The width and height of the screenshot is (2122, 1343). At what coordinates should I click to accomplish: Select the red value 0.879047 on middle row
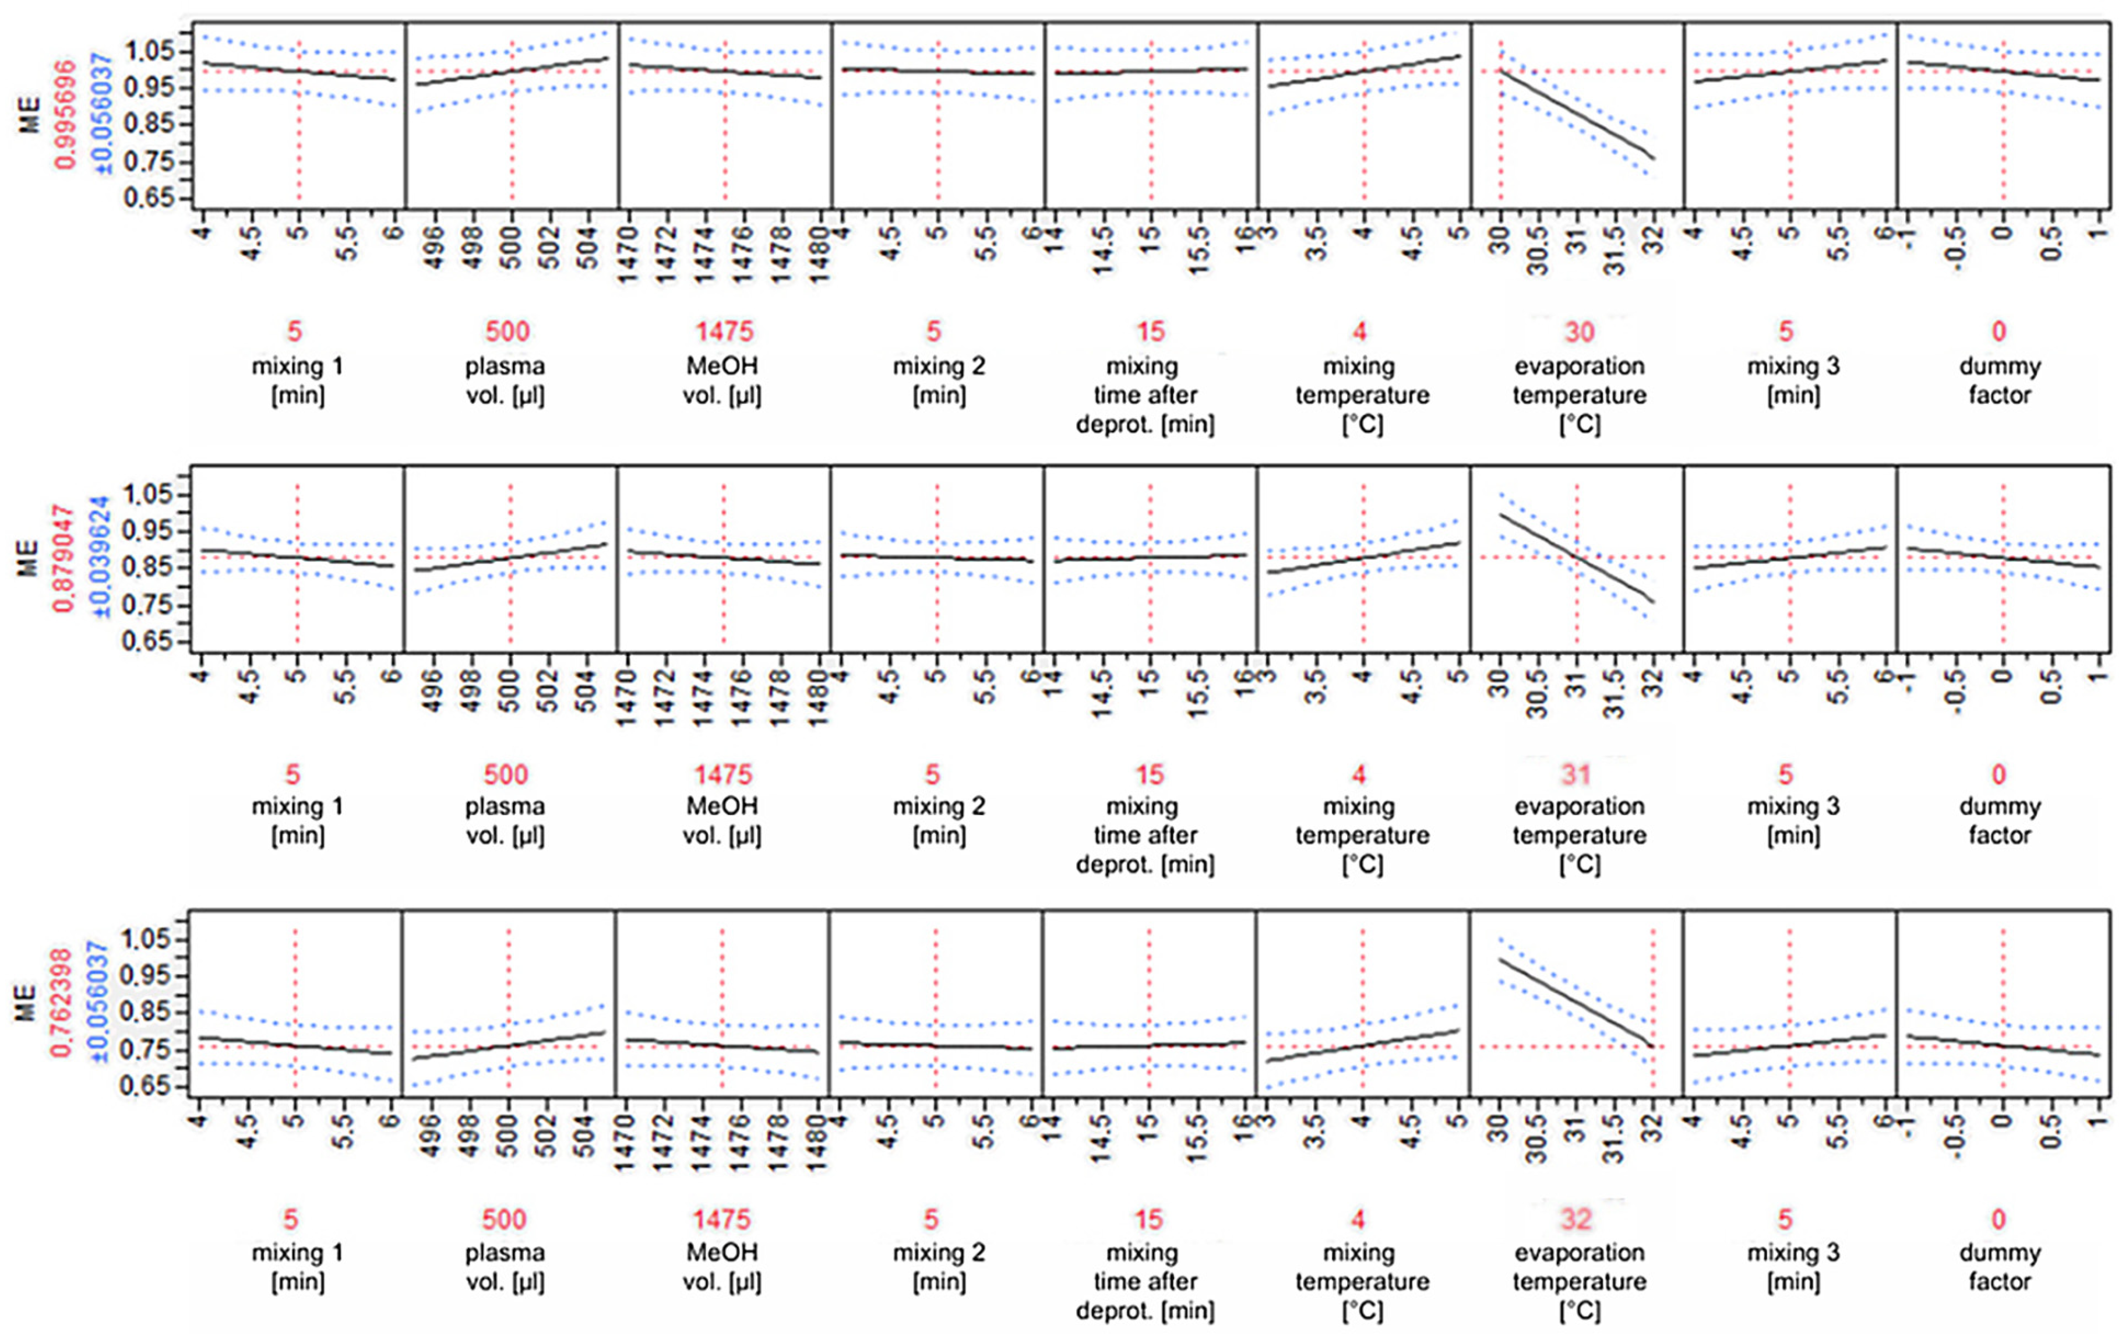tap(64, 558)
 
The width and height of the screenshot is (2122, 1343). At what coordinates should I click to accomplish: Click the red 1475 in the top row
tap(724, 332)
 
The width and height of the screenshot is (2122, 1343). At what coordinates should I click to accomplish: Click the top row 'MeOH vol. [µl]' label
tap(722, 380)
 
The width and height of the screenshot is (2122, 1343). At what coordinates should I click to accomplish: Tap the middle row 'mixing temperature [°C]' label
tap(1362, 834)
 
